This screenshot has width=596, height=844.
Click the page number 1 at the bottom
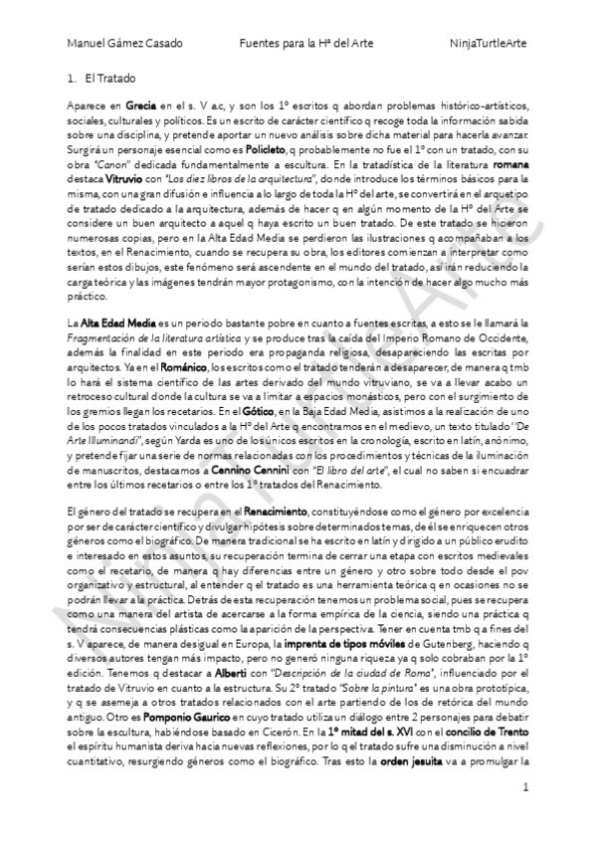point(525,814)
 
